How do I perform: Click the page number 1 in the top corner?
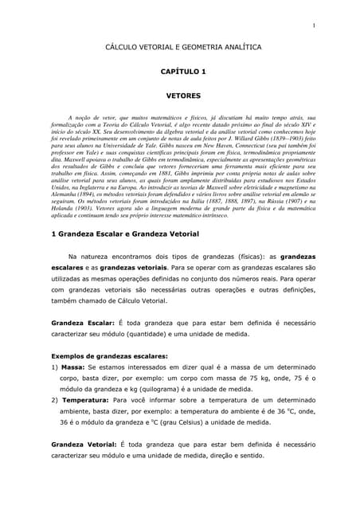click(x=315, y=27)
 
